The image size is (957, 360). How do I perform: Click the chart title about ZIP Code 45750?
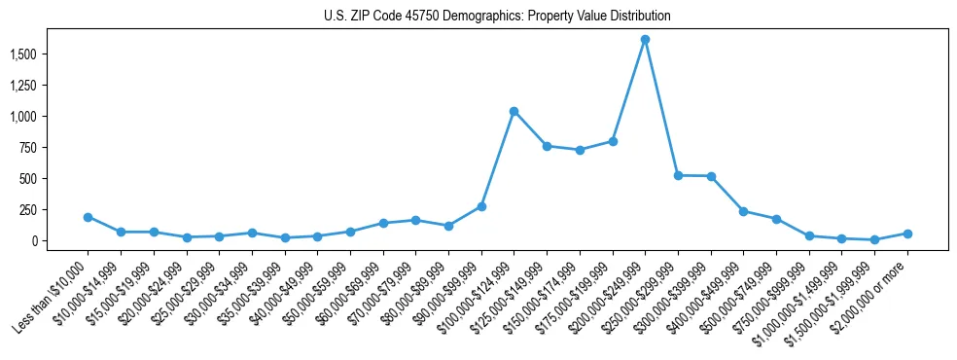click(497, 16)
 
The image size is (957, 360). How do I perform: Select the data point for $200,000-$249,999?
click(645, 40)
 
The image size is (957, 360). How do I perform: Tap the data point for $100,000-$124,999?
click(514, 111)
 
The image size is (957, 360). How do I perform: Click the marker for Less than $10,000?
click(88, 217)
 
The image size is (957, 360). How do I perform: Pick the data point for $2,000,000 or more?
click(907, 234)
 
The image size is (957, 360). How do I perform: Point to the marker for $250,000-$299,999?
click(678, 175)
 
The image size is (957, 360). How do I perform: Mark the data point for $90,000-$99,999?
click(481, 206)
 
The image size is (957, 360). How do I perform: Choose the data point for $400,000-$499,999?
click(743, 211)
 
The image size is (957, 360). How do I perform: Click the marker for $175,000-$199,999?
click(613, 141)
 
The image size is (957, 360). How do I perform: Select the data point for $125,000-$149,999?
click(547, 146)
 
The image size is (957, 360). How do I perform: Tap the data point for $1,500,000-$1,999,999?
click(874, 239)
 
